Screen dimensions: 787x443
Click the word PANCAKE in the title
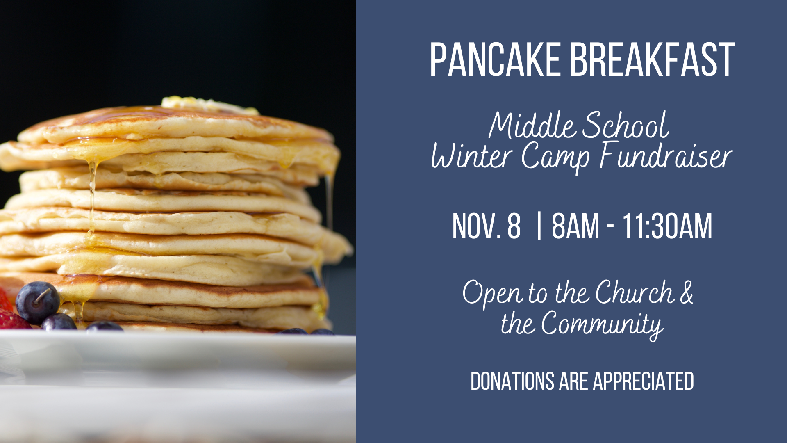click(495, 60)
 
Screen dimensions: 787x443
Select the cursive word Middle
click(533, 125)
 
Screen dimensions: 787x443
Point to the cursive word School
click(626, 125)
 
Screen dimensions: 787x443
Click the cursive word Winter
click(471, 156)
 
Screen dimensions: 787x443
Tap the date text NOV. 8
click(486, 226)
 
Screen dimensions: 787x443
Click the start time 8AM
click(575, 226)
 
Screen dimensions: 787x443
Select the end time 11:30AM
click(667, 226)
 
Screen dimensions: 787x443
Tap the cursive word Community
click(602, 325)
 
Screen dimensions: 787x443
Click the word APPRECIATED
click(643, 381)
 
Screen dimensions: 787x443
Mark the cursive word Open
click(493, 294)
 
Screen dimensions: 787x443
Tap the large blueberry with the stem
click(38, 303)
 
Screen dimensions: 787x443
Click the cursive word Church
click(635, 292)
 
